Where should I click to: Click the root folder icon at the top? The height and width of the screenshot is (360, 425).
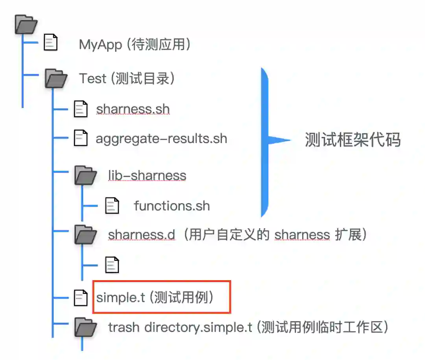pyautogui.click(x=26, y=24)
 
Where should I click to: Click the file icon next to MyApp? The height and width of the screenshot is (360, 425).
pyautogui.click(x=50, y=42)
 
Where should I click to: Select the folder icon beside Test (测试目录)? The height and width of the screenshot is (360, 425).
pyautogui.click(x=55, y=78)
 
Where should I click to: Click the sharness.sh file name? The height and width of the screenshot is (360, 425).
pyautogui.click(x=133, y=109)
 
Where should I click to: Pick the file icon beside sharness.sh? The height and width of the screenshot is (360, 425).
pyautogui.click(x=81, y=109)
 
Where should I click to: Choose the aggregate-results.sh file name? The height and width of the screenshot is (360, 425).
pyautogui.click(x=161, y=138)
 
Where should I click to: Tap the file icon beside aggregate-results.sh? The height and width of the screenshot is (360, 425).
pyautogui.click(x=81, y=138)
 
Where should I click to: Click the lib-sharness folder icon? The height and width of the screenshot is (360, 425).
pyautogui.click(x=85, y=175)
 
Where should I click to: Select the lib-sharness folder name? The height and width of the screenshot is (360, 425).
pyautogui.click(x=147, y=175)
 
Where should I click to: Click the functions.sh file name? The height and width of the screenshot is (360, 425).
pyautogui.click(x=172, y=206)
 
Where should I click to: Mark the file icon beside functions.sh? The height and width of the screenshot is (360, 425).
pyautogui.click(x=112, y=206)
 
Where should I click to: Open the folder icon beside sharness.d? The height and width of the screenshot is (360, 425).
pyautogui.click(x=85, y=235)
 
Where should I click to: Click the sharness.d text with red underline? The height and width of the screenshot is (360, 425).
pyautogui.click(x=141, y=235)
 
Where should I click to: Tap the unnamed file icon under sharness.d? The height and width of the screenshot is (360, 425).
pyautogui.click(x=112, y=264)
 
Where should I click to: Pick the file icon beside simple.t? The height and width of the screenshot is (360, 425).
pyautogui.click(x=81, y=298)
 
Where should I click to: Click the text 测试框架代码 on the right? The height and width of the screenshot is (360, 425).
pyautogui.click(x=353, y=140)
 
